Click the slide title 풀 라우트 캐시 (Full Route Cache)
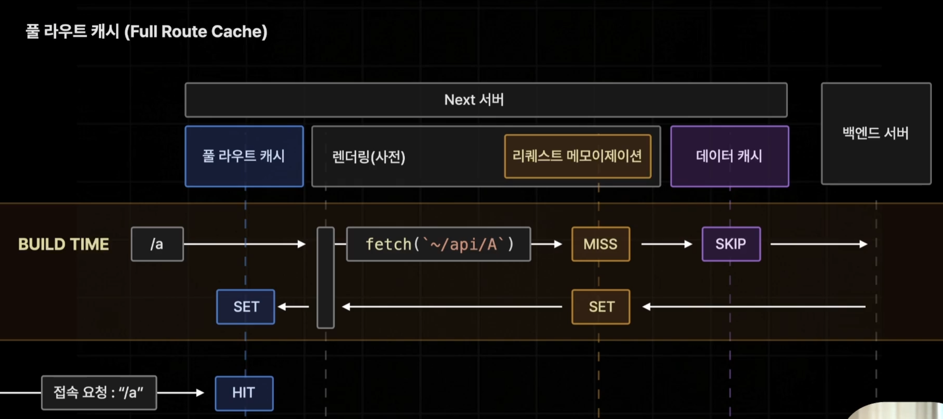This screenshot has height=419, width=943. pyautogui.click(x=146, y=31)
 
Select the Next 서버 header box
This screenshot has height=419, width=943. pyautogui.click(x=486, y=100)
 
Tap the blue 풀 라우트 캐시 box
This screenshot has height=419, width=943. pyautogui.click(x=244, y=156)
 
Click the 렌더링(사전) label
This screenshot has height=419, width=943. pyautogui.click(x=368, y=157)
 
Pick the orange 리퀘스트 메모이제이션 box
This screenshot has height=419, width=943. pyautogui.click(x=578, y=156)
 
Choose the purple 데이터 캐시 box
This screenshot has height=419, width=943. pyautogui.click(x=729, y=156)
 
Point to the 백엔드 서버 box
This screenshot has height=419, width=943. pyautogui.click(x=876, y=133)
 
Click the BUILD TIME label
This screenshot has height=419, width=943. pyautogui.click(x=64, y=244)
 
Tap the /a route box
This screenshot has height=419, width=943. pyautogui.click(x=157, y=244)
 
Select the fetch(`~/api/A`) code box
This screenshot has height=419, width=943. pyautogui.click(x=438, y=244)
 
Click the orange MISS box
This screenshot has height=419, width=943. pyautogui.click(x=601, y=244)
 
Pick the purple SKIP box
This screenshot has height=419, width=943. pyautogui.click(x=731, y=244)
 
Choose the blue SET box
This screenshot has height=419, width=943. pyautogui.click(x=246, y=307)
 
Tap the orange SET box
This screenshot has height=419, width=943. pyautogui.click(x=601, y=307)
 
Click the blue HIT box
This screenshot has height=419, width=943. pyautogui.click(x=244, y=393)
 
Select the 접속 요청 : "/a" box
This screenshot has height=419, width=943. pyautogui.click(x=99, y=393)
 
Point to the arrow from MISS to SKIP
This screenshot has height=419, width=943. pyautogui.click(x=667, y=244)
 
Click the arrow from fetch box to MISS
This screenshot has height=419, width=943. pyautogui.click(x=546, y=244)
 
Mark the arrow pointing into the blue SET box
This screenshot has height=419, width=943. pyautogui.click(x=293, y=307)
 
